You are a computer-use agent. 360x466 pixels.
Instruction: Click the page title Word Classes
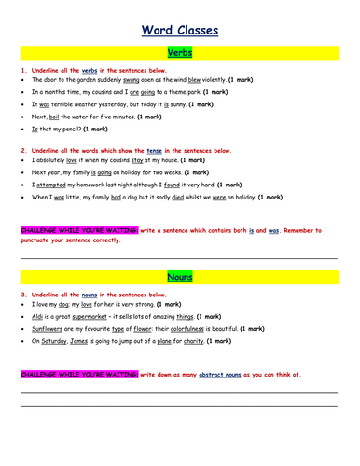point(180,30)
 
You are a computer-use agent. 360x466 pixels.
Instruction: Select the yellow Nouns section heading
point(179,277)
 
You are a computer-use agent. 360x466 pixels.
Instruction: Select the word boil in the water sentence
point(54,117)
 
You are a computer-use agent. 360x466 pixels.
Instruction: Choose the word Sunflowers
point(49,329)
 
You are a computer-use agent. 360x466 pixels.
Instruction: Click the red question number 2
point(21,149)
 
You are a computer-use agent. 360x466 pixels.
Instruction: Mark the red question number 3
point(21,294)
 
